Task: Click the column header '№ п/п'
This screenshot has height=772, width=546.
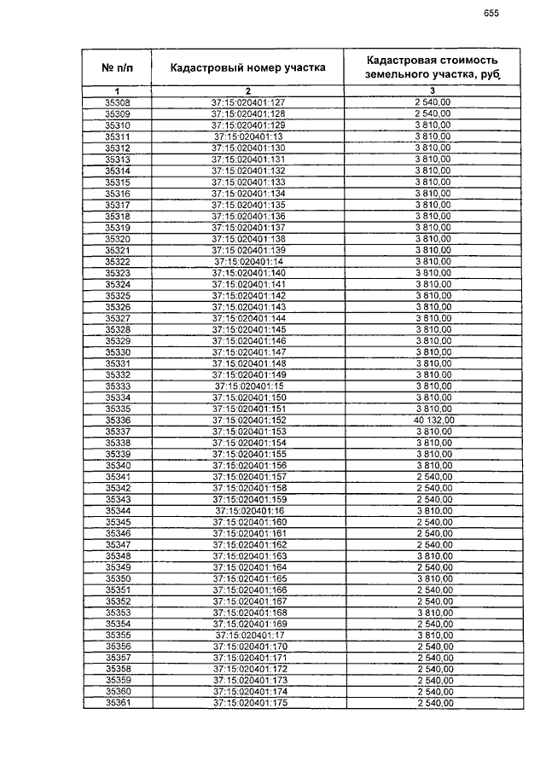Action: [x=117, y=67]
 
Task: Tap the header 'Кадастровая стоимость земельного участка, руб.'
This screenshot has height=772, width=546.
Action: [x=432, y=67]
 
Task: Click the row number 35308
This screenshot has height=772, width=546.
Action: [x=117, y=102]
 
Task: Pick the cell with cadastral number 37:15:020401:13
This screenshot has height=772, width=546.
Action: [x=248, y=136]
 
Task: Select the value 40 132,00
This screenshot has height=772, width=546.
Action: [x=433, y=420]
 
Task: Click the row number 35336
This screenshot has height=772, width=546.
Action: [x=117, y=420]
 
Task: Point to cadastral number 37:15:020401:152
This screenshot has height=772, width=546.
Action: [x=248, y=420]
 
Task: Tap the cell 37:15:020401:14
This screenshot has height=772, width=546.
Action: [x=248, y=261]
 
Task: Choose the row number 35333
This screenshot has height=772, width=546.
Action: [x=117, y=386]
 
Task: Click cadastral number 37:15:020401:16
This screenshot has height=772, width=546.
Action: [x=248, y=510]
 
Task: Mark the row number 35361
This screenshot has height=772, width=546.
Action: [x=117, y=703]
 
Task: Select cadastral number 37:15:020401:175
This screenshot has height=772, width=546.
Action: [x=248, y=703]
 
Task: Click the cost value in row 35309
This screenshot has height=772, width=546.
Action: [x=433, y=113]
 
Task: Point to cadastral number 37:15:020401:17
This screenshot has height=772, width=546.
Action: [x=248, y=635]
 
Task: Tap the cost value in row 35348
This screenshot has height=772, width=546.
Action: [x=433, y=555]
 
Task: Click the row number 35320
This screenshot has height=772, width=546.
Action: [x=117, y=238]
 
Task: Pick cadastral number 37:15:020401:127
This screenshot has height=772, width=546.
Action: [x=248, y=102]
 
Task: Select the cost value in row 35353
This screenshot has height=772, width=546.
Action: [x=433, y=612]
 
